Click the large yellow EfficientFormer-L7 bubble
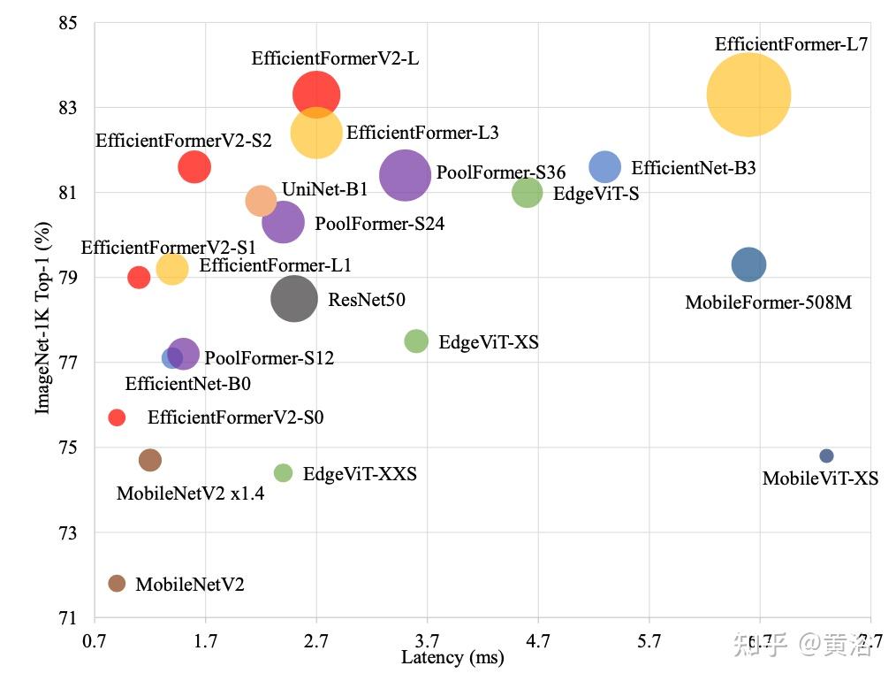(748, 95)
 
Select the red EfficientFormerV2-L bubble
(316, 95)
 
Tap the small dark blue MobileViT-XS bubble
(826, 455)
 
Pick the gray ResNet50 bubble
(293, 299)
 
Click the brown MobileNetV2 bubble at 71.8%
(117, 583)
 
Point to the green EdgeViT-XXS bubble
(283, 473)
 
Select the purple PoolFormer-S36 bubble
(405, 175)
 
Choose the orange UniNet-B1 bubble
(261, 201)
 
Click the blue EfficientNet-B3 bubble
(605, 166)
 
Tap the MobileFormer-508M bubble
(749, 264)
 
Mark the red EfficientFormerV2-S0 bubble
(117, 417)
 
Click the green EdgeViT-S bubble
(527, 192)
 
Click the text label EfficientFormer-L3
(422, 133)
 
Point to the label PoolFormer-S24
(379, 224)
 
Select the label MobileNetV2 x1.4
(190, 494)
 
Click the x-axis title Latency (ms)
(452, 657)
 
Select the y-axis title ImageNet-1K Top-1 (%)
(42, 318)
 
